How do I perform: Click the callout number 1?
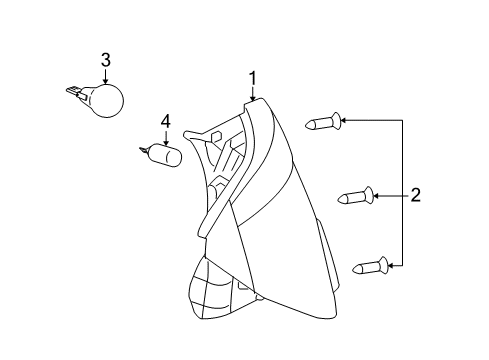tap(253, 77)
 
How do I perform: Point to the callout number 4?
tap(166, 124)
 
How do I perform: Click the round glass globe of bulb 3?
tap(107, 101)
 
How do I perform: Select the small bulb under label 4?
tap(165, 158)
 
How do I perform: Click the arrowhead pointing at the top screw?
tap(344, 120)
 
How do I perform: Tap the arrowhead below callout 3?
tap(105, 83)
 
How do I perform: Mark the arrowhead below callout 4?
tap(166, 144)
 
